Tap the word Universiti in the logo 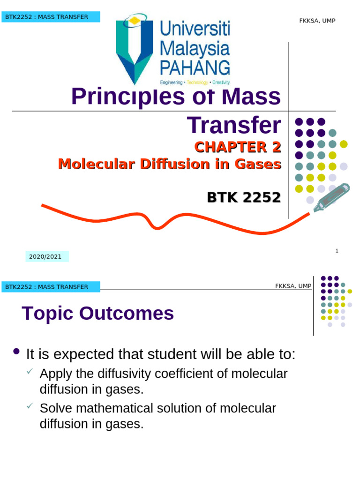click(x=195, y=30)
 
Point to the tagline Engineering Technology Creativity click(x=195, y=82)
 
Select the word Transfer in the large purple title click(x=234, y=125)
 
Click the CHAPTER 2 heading click(x=238, y=147)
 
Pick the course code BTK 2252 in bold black click(x=244, y=198)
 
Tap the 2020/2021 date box click(x=46, y=257)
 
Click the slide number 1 click(x=337, y=251)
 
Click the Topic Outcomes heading click(x=98, y=313)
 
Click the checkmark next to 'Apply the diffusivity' click(x=30, y=372)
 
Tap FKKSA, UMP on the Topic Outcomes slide click(x=293, y=286)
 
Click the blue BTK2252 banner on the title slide click(x=51, y=17)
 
